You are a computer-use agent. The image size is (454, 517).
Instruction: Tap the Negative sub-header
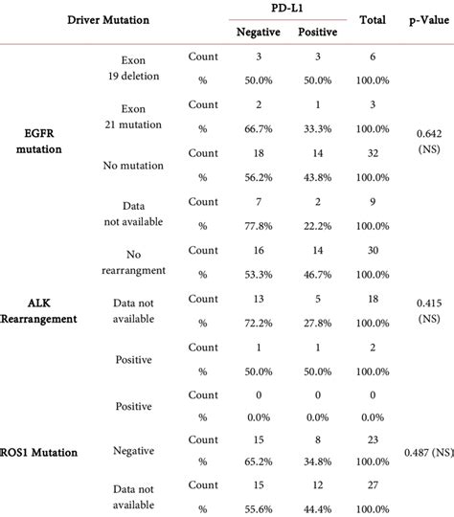(258, 33)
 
